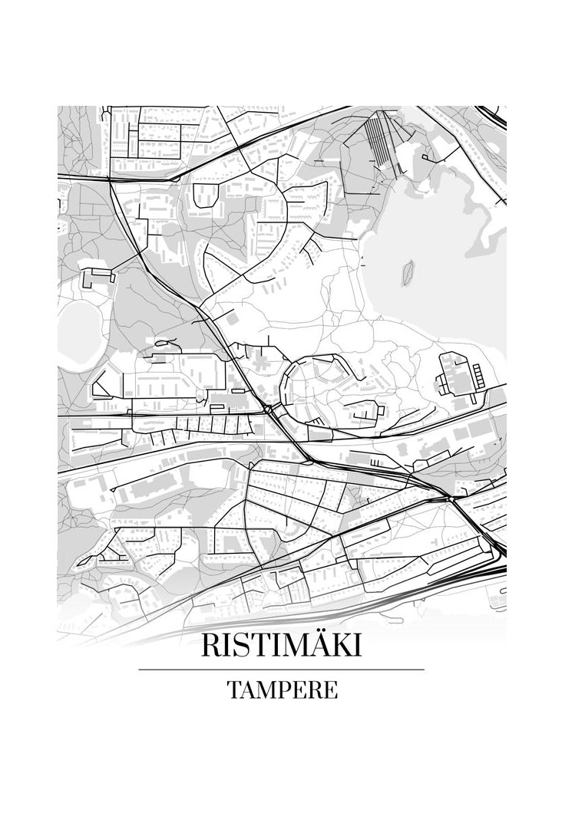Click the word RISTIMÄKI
[x=280, y=645]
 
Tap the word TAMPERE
[x=282, y=690]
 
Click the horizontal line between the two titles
[x=281, y=670]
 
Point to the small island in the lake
[x=408, y=270]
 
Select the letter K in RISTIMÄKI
[x=340, y=645]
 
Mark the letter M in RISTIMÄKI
[x=292, y=645]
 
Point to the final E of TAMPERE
[x=331, y=690]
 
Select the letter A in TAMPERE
[x=250, y=690]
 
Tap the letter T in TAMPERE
[x=234, y=690]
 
